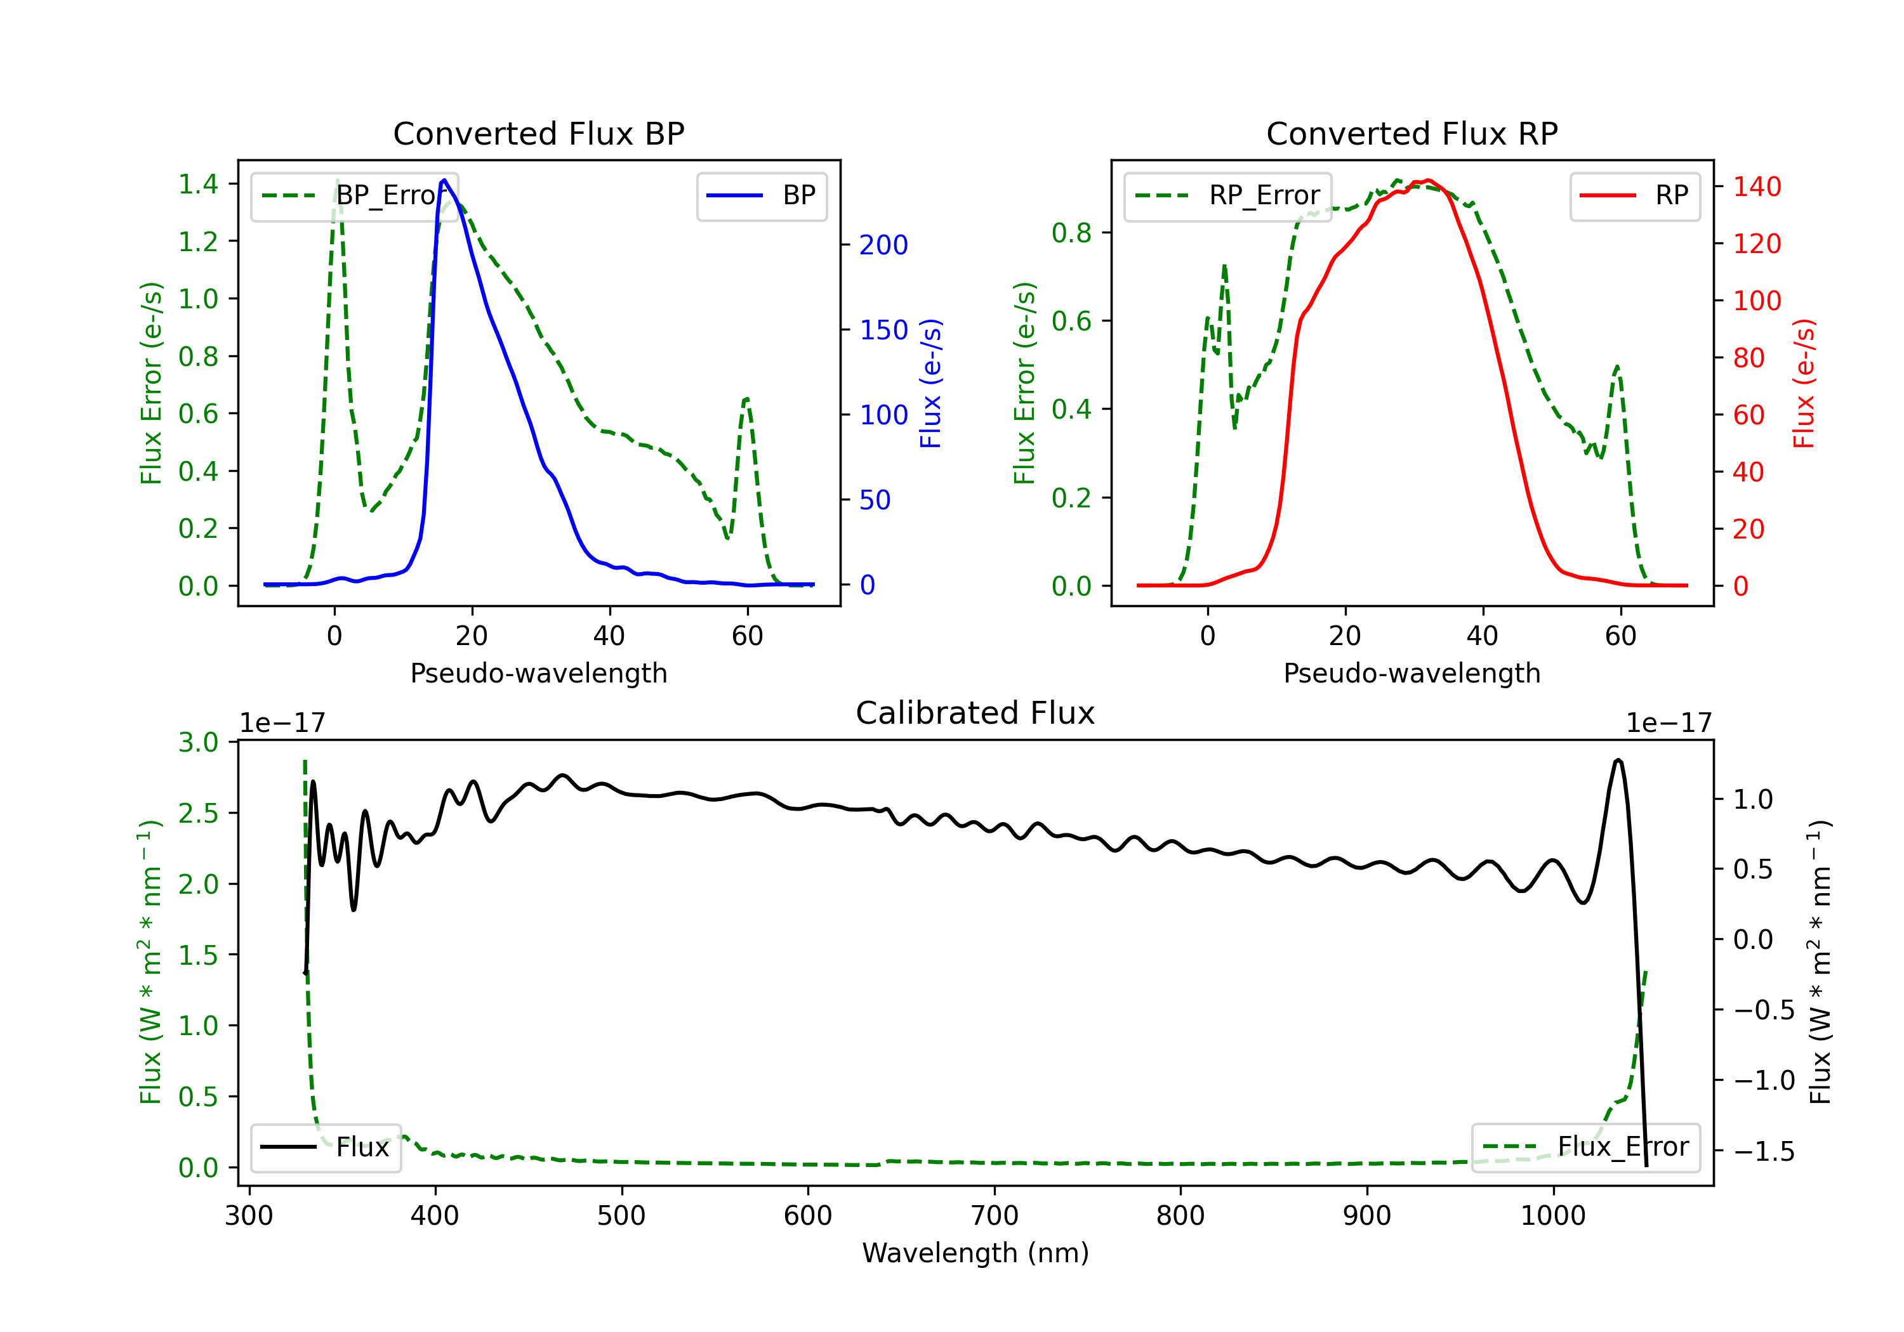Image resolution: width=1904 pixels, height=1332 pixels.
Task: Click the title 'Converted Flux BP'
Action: pyautogui.click(x=539, y=133)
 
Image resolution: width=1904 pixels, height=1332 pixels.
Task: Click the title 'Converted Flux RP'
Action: pyautogui.click(x=1412, y=133)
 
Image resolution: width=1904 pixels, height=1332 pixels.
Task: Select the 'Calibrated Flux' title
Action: pyautogui.click(x=975, y=713)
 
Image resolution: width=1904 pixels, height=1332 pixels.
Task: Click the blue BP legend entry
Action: pyautogui.click(x=761, y=195)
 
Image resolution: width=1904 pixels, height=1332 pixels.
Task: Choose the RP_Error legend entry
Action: pyautogui.click(x=1227, y=195)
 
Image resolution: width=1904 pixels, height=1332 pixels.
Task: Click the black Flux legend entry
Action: pyautogui.click(x=325, y=1147)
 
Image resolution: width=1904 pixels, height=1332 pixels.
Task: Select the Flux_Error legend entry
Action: pyautogui.click(x=1585, y=1147)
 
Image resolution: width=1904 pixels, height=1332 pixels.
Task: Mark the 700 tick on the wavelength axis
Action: pyautogui.click(x=995, y=1216)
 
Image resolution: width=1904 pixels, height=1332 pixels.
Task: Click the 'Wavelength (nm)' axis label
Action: pyautogui.click(x=975, y=1253)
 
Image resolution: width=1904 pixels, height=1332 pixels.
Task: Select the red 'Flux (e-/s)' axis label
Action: pyautogui.click(x=1804, y=384)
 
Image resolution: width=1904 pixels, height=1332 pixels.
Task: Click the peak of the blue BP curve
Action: pyautogui.click(x=444, y=180)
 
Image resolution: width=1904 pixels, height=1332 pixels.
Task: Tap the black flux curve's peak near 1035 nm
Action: pyautogui.click(x=1618, y=760)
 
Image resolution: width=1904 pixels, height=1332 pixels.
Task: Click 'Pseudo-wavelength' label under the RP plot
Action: pyautogui.click(x=1412, y=673)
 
